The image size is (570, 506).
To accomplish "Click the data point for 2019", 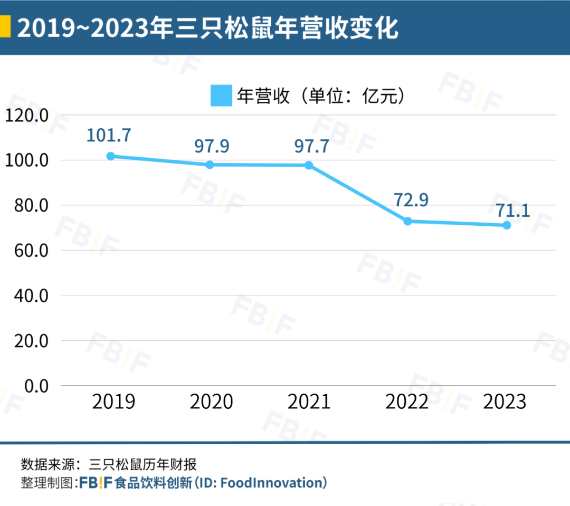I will coord(111,156).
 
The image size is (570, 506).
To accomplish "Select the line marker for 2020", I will coord(210,165).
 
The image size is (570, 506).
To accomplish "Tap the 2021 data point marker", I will coord(309,165).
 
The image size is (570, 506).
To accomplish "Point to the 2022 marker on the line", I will coord(407,221).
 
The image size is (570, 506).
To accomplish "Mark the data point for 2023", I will coord(507,225).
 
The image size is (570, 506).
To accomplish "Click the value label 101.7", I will coord(109,135).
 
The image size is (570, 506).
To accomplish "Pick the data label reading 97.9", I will coord(212,146).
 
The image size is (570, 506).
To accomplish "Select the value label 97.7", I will coord(310,146).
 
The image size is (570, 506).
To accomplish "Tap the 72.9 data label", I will coord(411,200).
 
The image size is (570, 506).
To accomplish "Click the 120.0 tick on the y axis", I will coord(26,115).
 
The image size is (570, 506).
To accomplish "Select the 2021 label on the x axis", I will coord(309,403).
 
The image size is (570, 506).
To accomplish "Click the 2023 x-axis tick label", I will coord(505,403).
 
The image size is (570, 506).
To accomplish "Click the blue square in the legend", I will coord(221,96).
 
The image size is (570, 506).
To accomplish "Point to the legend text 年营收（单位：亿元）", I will coord(322,96).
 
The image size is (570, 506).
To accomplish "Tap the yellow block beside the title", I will coord(4,27).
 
